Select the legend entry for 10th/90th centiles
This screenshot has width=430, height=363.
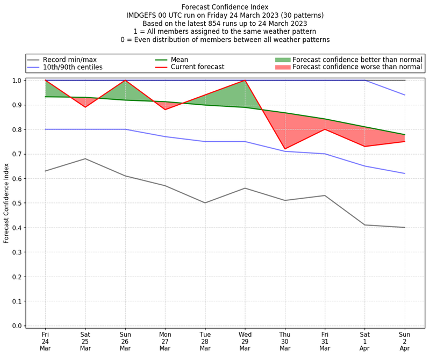click(73, 67)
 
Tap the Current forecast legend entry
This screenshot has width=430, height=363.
click(197, 67)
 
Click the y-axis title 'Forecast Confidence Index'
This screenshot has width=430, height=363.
click(6, 203)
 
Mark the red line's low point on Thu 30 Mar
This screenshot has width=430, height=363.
click(285, 149)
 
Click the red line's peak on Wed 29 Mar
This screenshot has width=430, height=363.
click(245, 81)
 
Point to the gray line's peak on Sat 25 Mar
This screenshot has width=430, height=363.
click(85, 158)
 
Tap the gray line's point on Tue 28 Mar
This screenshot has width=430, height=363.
click(205, 203)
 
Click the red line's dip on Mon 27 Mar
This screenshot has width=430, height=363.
click(165, 110)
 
